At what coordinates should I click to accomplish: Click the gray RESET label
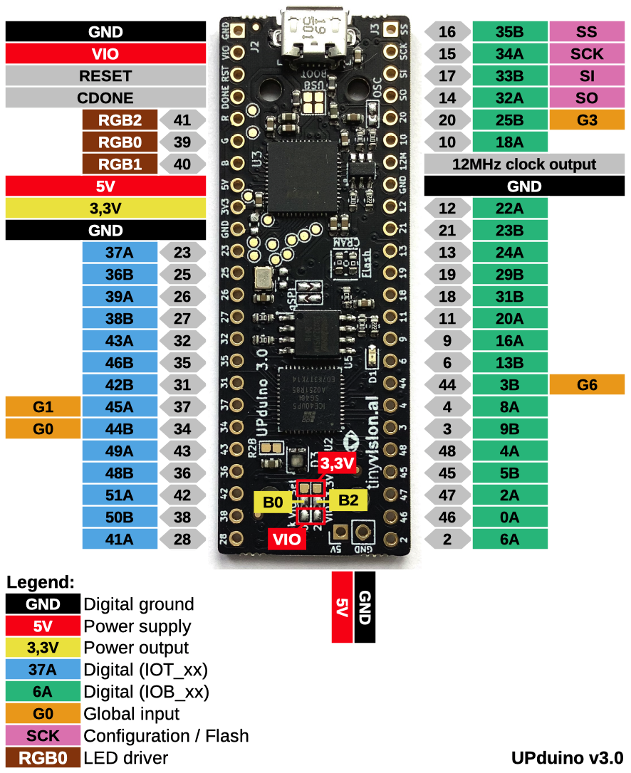[x=105, y=76]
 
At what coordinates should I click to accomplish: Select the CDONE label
[x=105, y=98]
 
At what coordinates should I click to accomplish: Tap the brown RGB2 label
[x=119, y=120]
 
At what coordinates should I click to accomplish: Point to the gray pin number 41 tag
[x=182, y=120]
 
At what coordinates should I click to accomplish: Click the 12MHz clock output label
[x=524, y=164]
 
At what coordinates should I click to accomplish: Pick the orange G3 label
[x=587, y=120]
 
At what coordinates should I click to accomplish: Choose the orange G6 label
[x=587, y=385]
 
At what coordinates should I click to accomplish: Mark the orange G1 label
[x=43, y=407]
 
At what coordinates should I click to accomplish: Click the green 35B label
[x=509, y=32]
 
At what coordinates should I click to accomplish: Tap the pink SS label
[x=587, y=32]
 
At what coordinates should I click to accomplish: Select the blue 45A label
[x=119, y=407]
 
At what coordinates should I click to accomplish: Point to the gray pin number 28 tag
[x=182, y=539]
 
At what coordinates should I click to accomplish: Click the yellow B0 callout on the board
[x=273, y=502]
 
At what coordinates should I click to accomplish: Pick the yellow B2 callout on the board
[x=348, y=500]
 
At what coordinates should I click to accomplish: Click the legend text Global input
[x=132, y=713]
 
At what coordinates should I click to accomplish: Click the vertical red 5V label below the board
[x=342, y=607]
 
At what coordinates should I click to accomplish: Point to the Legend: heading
[x=41, y=582]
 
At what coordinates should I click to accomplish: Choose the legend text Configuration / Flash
[x=166, y=735]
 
